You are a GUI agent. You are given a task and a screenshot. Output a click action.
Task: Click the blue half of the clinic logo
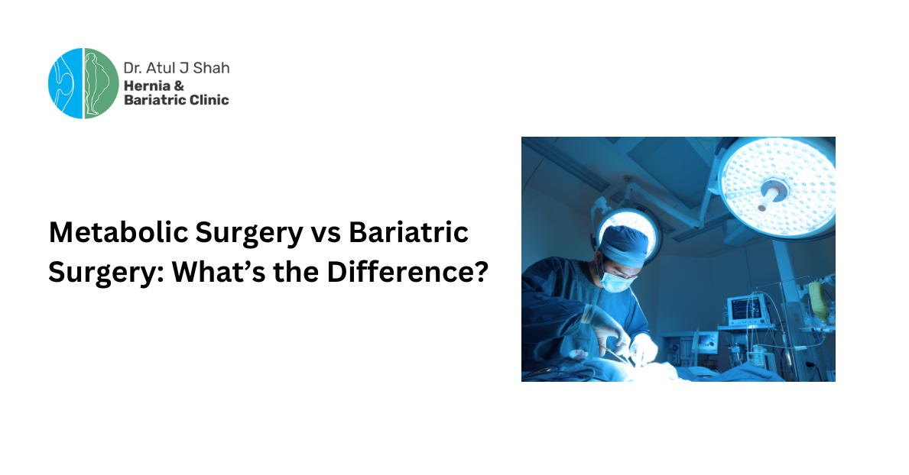[x=64, y=83]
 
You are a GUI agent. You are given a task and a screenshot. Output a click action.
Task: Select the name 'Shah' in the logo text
[x=213, y=68]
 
